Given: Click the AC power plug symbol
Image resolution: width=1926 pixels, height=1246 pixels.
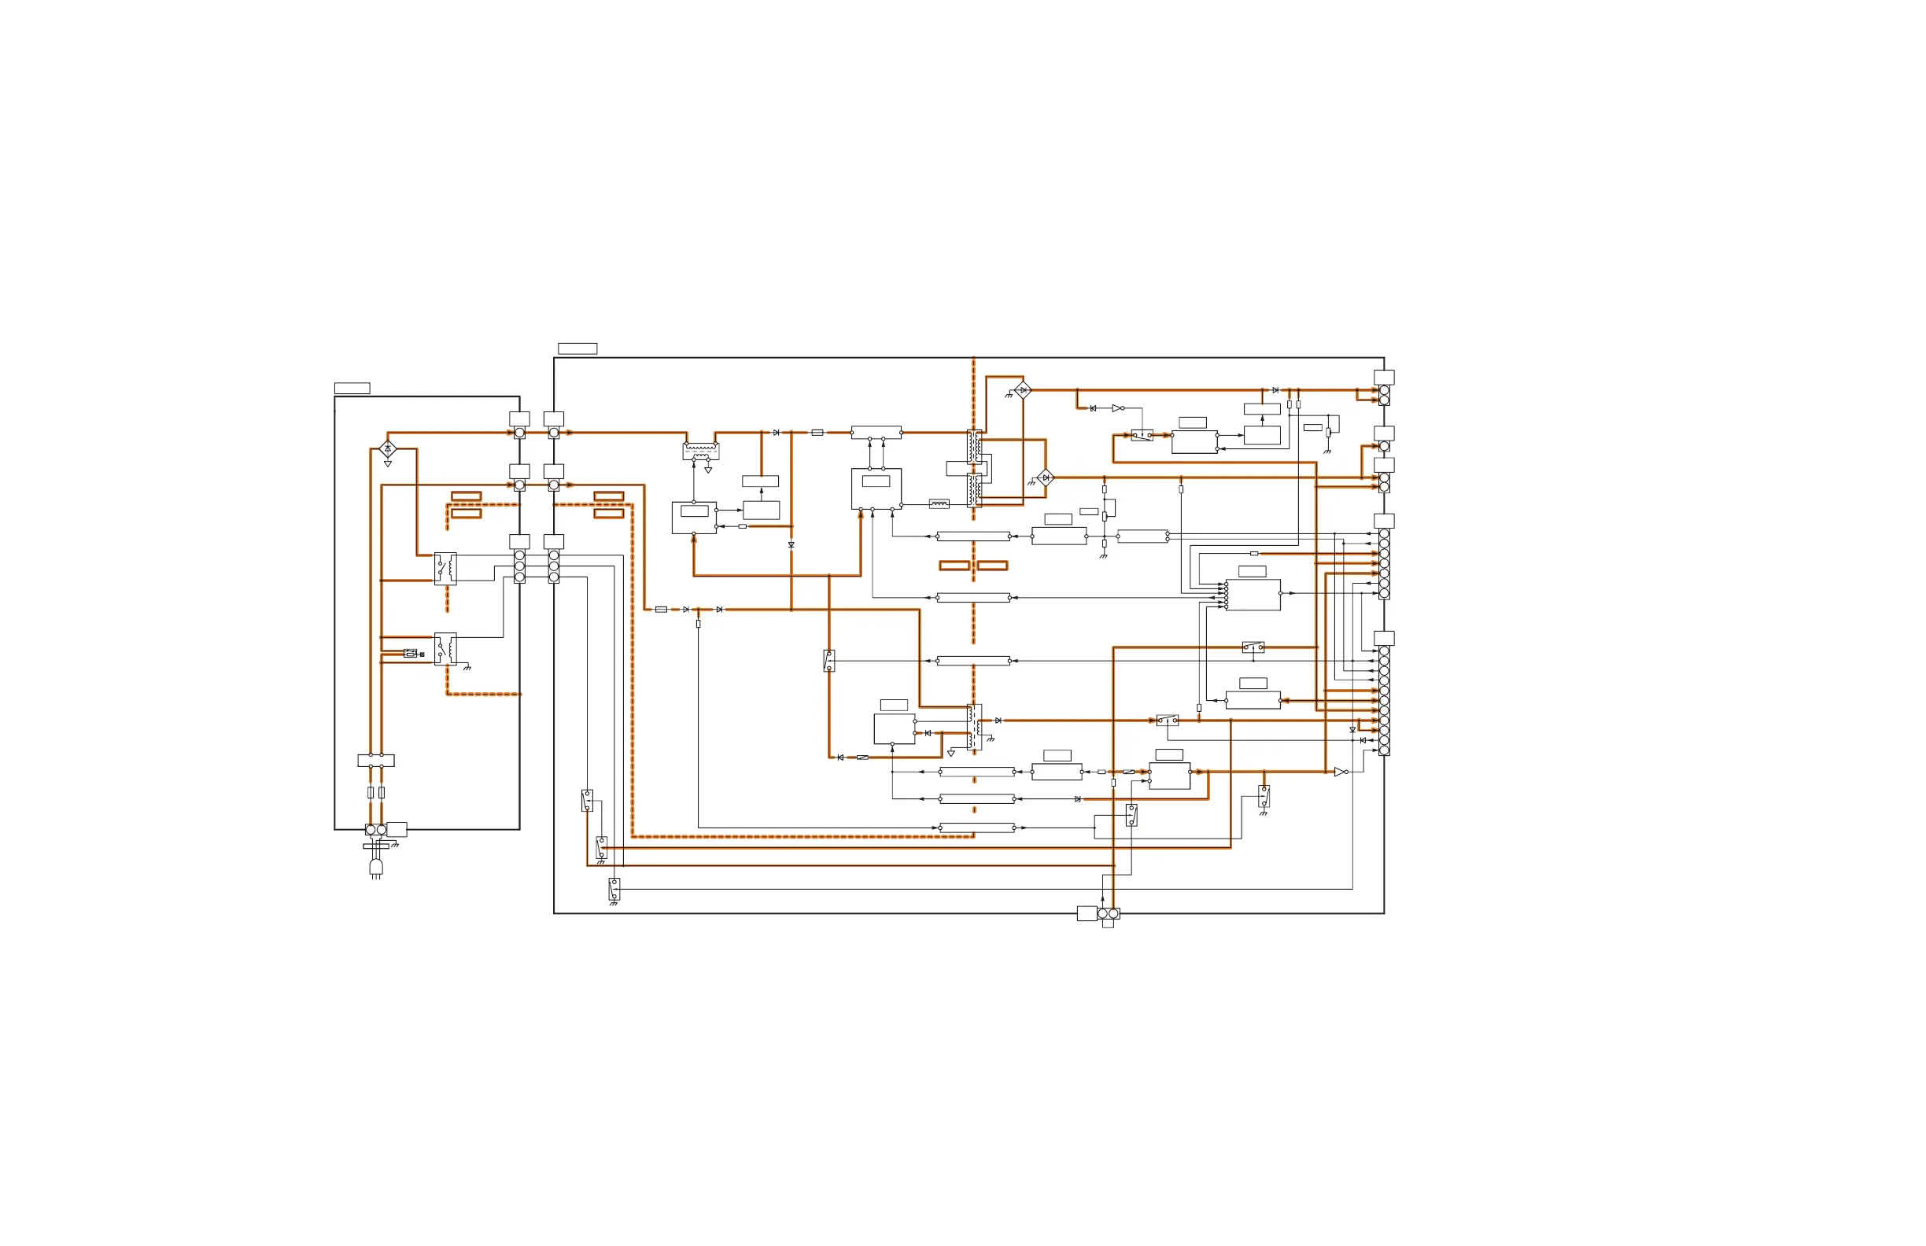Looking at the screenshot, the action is click(375, 868).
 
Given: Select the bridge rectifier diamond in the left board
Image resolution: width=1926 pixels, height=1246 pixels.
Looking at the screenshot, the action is click(388, 448).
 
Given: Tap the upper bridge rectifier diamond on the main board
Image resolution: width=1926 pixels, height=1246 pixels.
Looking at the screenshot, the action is click(1023, 390).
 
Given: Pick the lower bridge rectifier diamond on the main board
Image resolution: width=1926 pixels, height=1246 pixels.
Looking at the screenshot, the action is click(1046, 477).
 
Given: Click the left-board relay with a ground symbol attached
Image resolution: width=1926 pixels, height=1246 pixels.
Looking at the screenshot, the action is click(445, 649).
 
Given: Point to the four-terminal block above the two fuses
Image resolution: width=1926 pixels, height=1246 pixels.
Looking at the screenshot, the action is click(375, 761).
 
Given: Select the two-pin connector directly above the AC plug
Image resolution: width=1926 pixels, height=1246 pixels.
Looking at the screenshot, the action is click(375, 829).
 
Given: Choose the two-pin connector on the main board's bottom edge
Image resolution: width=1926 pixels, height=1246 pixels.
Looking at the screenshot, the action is click(1108, 913).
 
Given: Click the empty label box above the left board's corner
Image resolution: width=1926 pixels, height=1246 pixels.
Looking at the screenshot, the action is click(352, 389).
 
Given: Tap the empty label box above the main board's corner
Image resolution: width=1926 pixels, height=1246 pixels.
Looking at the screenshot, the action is click(577, 348).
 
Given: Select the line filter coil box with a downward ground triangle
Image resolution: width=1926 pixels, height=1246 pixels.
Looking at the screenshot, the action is click(701, 451).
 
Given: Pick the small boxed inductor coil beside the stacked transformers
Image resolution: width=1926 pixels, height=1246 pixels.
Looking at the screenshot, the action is click(939, 503).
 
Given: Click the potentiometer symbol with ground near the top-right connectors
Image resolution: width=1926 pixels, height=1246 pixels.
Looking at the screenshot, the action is click(1328, 433).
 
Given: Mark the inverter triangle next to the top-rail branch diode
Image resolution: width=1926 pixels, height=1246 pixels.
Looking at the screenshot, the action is click(1117, 408).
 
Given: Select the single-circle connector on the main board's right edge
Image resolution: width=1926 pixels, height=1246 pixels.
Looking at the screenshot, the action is click(1384, 446).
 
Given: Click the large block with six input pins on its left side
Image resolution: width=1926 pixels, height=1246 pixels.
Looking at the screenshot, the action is click(1253, 595).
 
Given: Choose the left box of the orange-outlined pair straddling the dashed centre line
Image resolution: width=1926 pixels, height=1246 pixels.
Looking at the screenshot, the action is click(954, 566).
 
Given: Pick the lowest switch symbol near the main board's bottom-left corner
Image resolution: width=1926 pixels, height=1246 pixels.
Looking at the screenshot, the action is click(614, 889).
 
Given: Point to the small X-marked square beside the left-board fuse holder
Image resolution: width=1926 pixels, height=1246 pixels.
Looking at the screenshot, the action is click(422, 654).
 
